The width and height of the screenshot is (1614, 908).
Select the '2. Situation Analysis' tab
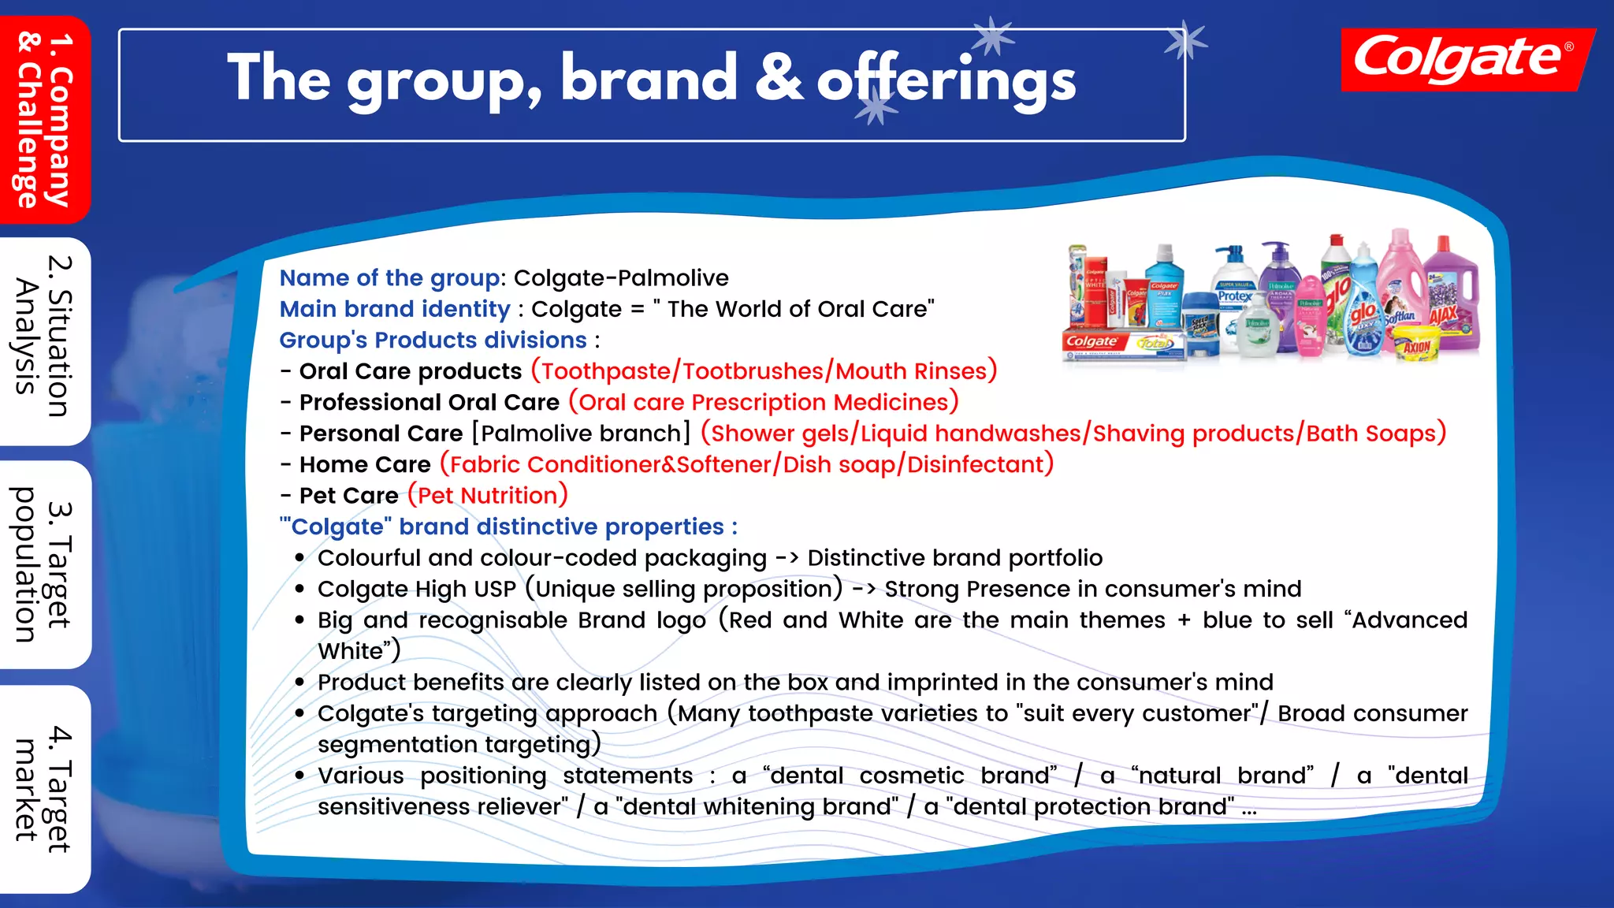[45, 339]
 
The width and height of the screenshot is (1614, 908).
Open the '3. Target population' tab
[45, 564]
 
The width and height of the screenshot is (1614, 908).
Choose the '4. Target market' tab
[45, 788]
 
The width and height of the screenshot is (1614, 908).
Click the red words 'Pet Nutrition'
[488, 496]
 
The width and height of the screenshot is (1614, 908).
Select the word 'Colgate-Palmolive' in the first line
[621, 278]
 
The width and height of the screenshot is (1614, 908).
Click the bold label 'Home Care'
[365, 465]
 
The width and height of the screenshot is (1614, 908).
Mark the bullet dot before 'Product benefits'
[299, 683]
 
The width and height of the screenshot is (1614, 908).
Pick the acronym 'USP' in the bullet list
[495, 590]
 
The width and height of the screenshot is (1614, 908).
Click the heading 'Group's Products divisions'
[433, 340]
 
